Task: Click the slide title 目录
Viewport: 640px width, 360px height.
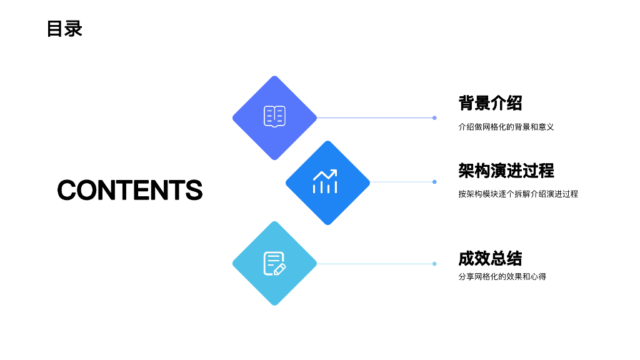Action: [x=64, y=29]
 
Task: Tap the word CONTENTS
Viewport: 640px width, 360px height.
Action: [x=130, y=190]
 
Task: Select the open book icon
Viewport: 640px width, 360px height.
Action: [x=274, y=117]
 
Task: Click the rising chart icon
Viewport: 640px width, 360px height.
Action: [x=325, y=182]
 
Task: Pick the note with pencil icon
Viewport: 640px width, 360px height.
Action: [x=274, y=263]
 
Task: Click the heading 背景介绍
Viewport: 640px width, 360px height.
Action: [x=490, y=103]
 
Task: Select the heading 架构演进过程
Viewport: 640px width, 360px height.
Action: [x=506, y=171]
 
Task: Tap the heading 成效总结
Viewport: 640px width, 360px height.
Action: [x=490, y=258]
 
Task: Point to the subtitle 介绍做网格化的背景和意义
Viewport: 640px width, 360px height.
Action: [x=506, y=127]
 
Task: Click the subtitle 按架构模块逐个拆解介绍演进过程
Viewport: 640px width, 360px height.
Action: [x=518, y=194]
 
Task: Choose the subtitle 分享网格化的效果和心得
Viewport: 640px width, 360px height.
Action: [x=502, y=276]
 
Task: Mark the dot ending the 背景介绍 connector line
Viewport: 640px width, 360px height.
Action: [x=434, y=117]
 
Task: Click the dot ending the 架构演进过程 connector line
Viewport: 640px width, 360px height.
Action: [x=434, y=182]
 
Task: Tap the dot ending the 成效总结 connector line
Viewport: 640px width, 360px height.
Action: [x=434, y=264]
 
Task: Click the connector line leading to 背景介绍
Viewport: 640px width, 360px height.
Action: [x=375, y=117]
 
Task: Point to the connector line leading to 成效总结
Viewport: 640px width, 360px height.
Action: [x=375, y=264]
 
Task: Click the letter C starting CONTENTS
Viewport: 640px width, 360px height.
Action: [x=68, y=190]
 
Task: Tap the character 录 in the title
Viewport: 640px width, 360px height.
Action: [x=74, y=29]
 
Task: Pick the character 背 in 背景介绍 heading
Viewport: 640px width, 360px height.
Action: [x=467, y=103]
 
